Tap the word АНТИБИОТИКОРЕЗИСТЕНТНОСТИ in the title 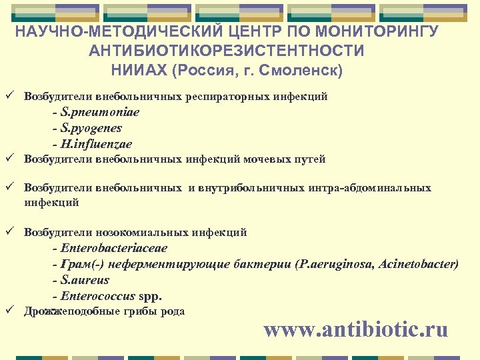[227, 51]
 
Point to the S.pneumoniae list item [99, 112]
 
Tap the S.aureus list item [85, 281]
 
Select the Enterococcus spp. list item [111, 297]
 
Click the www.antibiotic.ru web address [355, 329]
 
